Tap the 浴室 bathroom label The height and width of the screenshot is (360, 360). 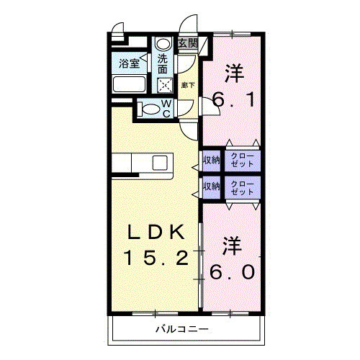pyautogui.click(x=130, y=63)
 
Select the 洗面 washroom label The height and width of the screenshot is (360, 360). pyautogui.click(x=163, y=66)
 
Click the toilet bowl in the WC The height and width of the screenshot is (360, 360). pyautogui.click(x=150, y=109)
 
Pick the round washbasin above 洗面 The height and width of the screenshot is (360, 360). pyautogui.click(x=163, y=42)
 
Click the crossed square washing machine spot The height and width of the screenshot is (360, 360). pyautogui.click(x=165, y=85)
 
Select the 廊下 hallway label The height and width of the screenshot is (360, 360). pyautogui.click(x=187, y=85)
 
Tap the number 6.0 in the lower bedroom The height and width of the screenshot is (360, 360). pyautogui.click(x=231, y=273)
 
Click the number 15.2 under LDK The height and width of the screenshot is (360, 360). pyautogui.click(x=156, y=257)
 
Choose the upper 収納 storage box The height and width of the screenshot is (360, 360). pyautogui.click(x=211, y=159)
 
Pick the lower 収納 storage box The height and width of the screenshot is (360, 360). pyautogui.click(x=211, y=186)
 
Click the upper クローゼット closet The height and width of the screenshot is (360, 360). pyautogui.click(x=243, y=159)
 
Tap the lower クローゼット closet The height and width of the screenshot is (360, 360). pyautogui.click(x=243, y=187)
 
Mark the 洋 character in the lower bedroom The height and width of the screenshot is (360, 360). pyautogui.click(x=231, y=245)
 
